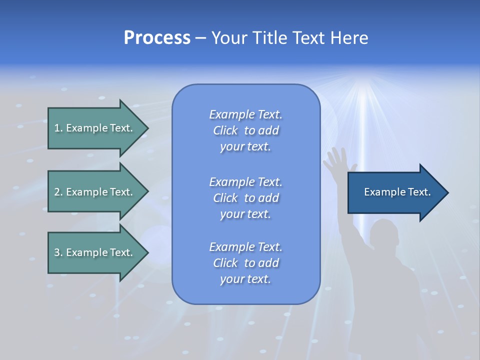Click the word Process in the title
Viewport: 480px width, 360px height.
tap(157, 38)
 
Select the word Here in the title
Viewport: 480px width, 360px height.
tap(348, 38)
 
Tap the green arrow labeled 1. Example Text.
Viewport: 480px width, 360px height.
tap(95, 128)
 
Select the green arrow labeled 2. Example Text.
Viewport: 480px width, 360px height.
tap(95, 192)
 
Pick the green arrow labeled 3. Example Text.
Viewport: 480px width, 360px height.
tap(95, 252)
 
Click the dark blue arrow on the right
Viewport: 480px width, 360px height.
tap(395, 192)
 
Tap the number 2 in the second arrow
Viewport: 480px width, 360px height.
tap(57, 192)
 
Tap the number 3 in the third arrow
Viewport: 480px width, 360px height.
tap(57, 252)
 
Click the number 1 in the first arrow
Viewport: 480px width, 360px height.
tap(57, 128)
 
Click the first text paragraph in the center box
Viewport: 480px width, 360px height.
tap(245, 130)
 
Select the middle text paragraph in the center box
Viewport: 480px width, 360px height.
tap(245, 198)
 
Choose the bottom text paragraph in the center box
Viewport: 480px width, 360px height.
tap(245, 263)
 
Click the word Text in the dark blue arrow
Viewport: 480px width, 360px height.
tap(419, 192)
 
